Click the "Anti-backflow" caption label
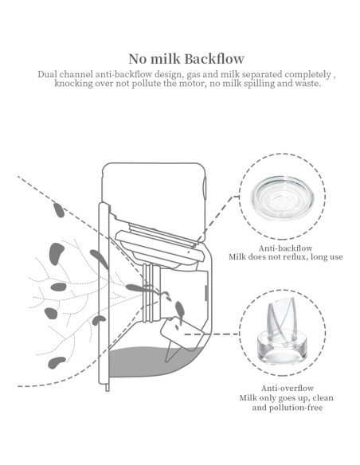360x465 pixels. click(x=281, y=248)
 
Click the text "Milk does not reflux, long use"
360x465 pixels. click(x=281, y=257)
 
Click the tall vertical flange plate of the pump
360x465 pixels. click(x=103, y=295)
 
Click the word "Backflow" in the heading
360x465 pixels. click(x=213, y=59)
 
